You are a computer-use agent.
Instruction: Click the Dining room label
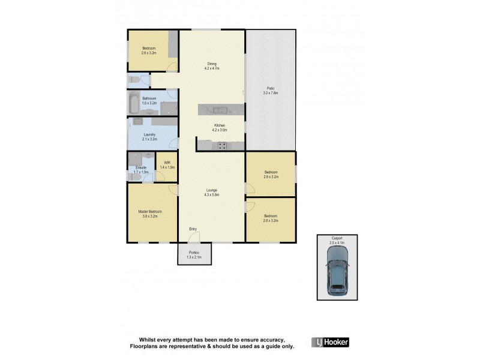(x=212, y=66)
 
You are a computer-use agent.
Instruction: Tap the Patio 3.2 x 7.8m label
(x=271, y=91)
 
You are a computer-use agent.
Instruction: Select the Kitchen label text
(x=219, y=128)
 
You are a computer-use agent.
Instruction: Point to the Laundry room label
(x=149, y=137)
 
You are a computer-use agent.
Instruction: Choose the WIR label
(x=167, y=165)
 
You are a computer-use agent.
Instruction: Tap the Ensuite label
(x=142, y=170)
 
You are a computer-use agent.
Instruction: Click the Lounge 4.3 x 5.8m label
(x=212, y=193)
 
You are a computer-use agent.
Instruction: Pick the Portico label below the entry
(x=194, y=254)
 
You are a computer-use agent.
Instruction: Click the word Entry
(x=193, y=229)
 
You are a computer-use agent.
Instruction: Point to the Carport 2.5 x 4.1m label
(x=337, y=240)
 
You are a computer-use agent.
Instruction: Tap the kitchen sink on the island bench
(x=218, y=109)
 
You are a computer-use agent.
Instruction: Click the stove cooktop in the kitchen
(x=221, y=145)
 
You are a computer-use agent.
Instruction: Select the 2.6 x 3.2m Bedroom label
(x=149, y=50)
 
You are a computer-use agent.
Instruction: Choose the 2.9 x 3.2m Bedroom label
(x=271, y=175)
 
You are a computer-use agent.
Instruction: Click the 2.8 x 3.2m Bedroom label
(x=270, y=218)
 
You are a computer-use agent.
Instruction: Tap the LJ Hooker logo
(x=330, y=342)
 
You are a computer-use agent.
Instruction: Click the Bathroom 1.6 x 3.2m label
(x=149, y=101)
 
